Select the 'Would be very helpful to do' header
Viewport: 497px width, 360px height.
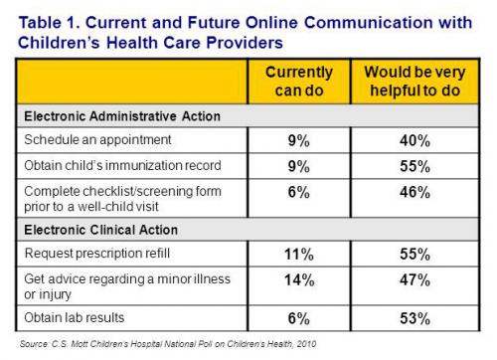[410, 83]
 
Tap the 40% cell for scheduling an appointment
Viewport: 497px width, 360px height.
[410, 141]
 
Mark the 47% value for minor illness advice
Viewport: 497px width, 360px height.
[410, 281]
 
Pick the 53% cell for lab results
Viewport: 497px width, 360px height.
[410, 318]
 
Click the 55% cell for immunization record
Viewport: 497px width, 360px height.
[410, 165]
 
